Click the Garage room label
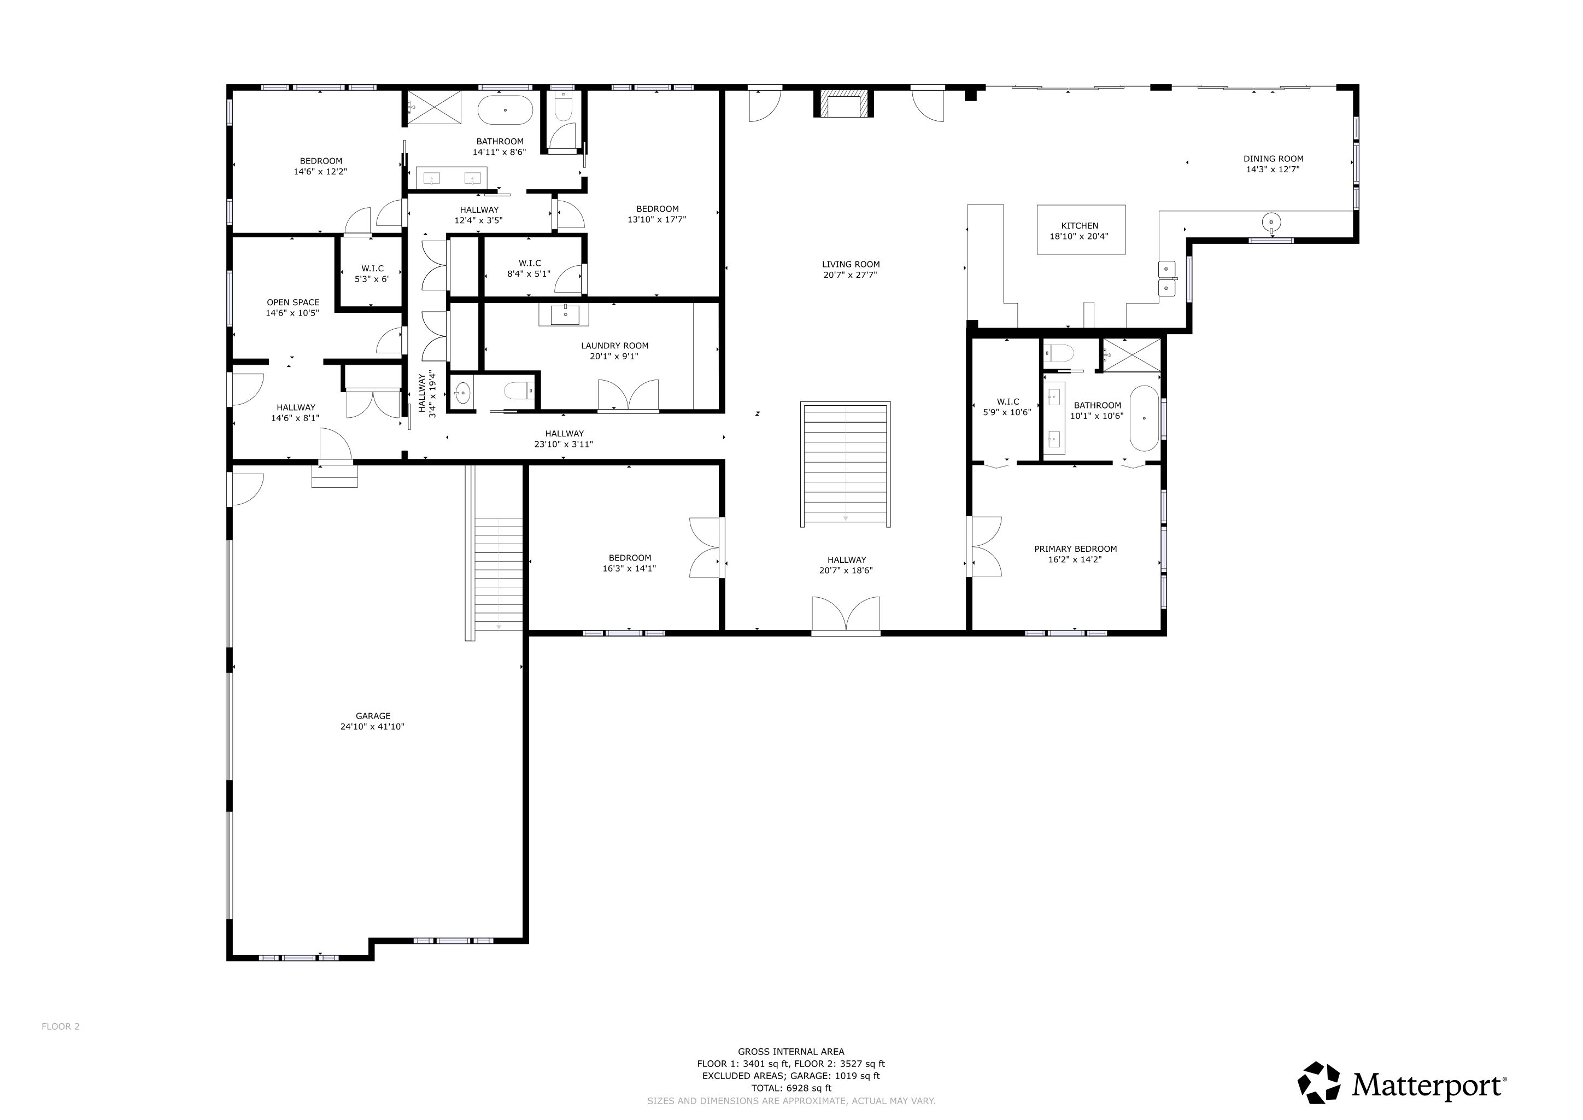pyautogui.click(x=373, y=716)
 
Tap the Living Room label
pyautogui.click(x=851, y=264)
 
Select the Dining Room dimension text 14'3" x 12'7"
pyautogui.click(x=1273, y=170)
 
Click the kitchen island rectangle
pyautogui.click(x=1081, y=230)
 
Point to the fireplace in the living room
pyautogui.click(x=844, y=103)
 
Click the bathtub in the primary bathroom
pyautogui.click(x=1144, y=418)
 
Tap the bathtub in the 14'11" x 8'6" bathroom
pyautogui.click(x=506, y=110)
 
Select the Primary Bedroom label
pyautogui.click(x=1076, y=549)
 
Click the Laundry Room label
pyautogui.click(x=614, y=346)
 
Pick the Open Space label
pyautogui.click(x=293, y=302)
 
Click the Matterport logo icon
pyautogui.click(x=1319, y=1082)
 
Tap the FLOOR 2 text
pyautogui.click(x=61, y=1026)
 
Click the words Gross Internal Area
pyautogui.click(x=791, y=1052)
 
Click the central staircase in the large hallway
pyautogui.click(x=845, y=464)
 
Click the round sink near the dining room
pyautogui.click(x=1271, y=222)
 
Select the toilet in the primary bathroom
pyautogui.click(x=1058, y=354)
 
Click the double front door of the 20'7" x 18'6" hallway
pyautogui.click(x=846, y=615)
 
